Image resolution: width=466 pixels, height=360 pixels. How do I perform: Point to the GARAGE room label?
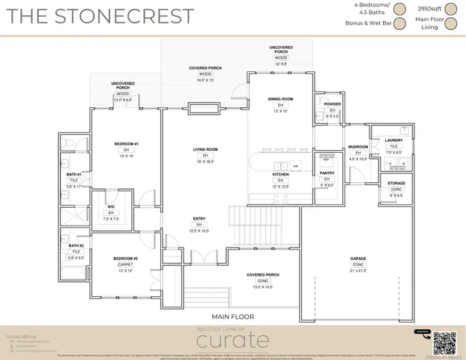[x=358, y=259]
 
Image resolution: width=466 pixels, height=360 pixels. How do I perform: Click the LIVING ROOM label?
[x=205, y=149]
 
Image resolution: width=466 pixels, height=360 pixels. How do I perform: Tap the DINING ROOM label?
[x=280, y=98]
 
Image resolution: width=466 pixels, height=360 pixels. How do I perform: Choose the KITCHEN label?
[x=280, y=174]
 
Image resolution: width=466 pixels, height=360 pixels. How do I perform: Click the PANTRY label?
[x=327, y=173]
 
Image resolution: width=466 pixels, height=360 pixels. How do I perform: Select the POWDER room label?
[x=333, y=104]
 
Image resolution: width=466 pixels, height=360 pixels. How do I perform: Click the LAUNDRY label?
[x=394, y=140]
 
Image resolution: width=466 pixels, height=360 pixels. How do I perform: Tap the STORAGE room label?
[x=396, y=182]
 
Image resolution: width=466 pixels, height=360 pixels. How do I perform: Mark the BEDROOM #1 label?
[x=127, y=143]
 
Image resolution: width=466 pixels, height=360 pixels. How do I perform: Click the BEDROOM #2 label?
[x=126, y=259]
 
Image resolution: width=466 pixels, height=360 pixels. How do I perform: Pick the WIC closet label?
[x=110, y=208]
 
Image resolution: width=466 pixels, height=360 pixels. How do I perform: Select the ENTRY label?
[x=199, y=219]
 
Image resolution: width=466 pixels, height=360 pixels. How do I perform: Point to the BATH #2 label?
[x=75, y=245]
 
